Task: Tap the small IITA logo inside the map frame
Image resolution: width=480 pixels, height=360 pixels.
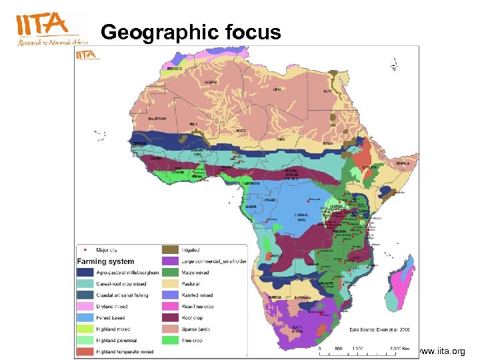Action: [87, 55]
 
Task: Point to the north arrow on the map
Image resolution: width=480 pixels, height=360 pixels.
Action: [394, 66]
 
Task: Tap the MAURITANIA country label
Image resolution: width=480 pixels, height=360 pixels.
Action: [157, 118]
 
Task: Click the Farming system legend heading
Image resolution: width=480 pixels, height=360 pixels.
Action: [105, 261]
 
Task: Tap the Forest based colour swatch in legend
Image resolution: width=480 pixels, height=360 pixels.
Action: [85, 318]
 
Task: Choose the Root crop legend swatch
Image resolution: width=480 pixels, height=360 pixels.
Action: [171, 318]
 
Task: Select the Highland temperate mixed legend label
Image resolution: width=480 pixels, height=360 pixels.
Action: [125, 351]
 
